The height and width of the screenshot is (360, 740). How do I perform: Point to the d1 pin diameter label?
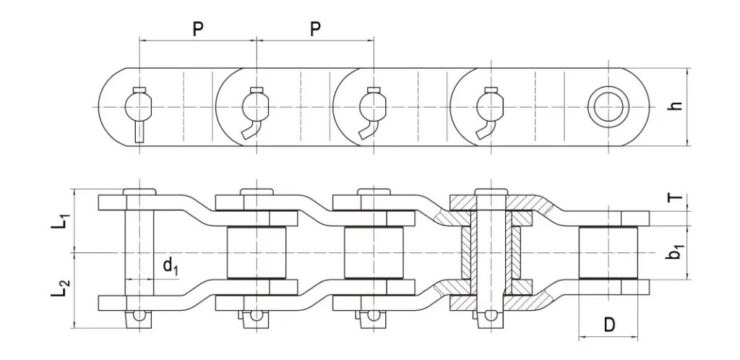click(x=170, y=266)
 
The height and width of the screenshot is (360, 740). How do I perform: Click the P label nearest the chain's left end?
click(x=197, y=29)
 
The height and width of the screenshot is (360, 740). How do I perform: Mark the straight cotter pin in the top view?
click(x=139, y=132)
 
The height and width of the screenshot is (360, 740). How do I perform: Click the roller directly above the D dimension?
click(x=608, y=252)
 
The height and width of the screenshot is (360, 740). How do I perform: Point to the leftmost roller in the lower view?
click(x=256, y=252)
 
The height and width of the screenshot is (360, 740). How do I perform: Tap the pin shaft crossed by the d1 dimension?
click(x=139, y=253)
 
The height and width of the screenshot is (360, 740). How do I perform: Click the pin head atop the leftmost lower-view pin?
click(x=139, y=191)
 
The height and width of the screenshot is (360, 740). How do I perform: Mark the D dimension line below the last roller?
click(x=608, y=337)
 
